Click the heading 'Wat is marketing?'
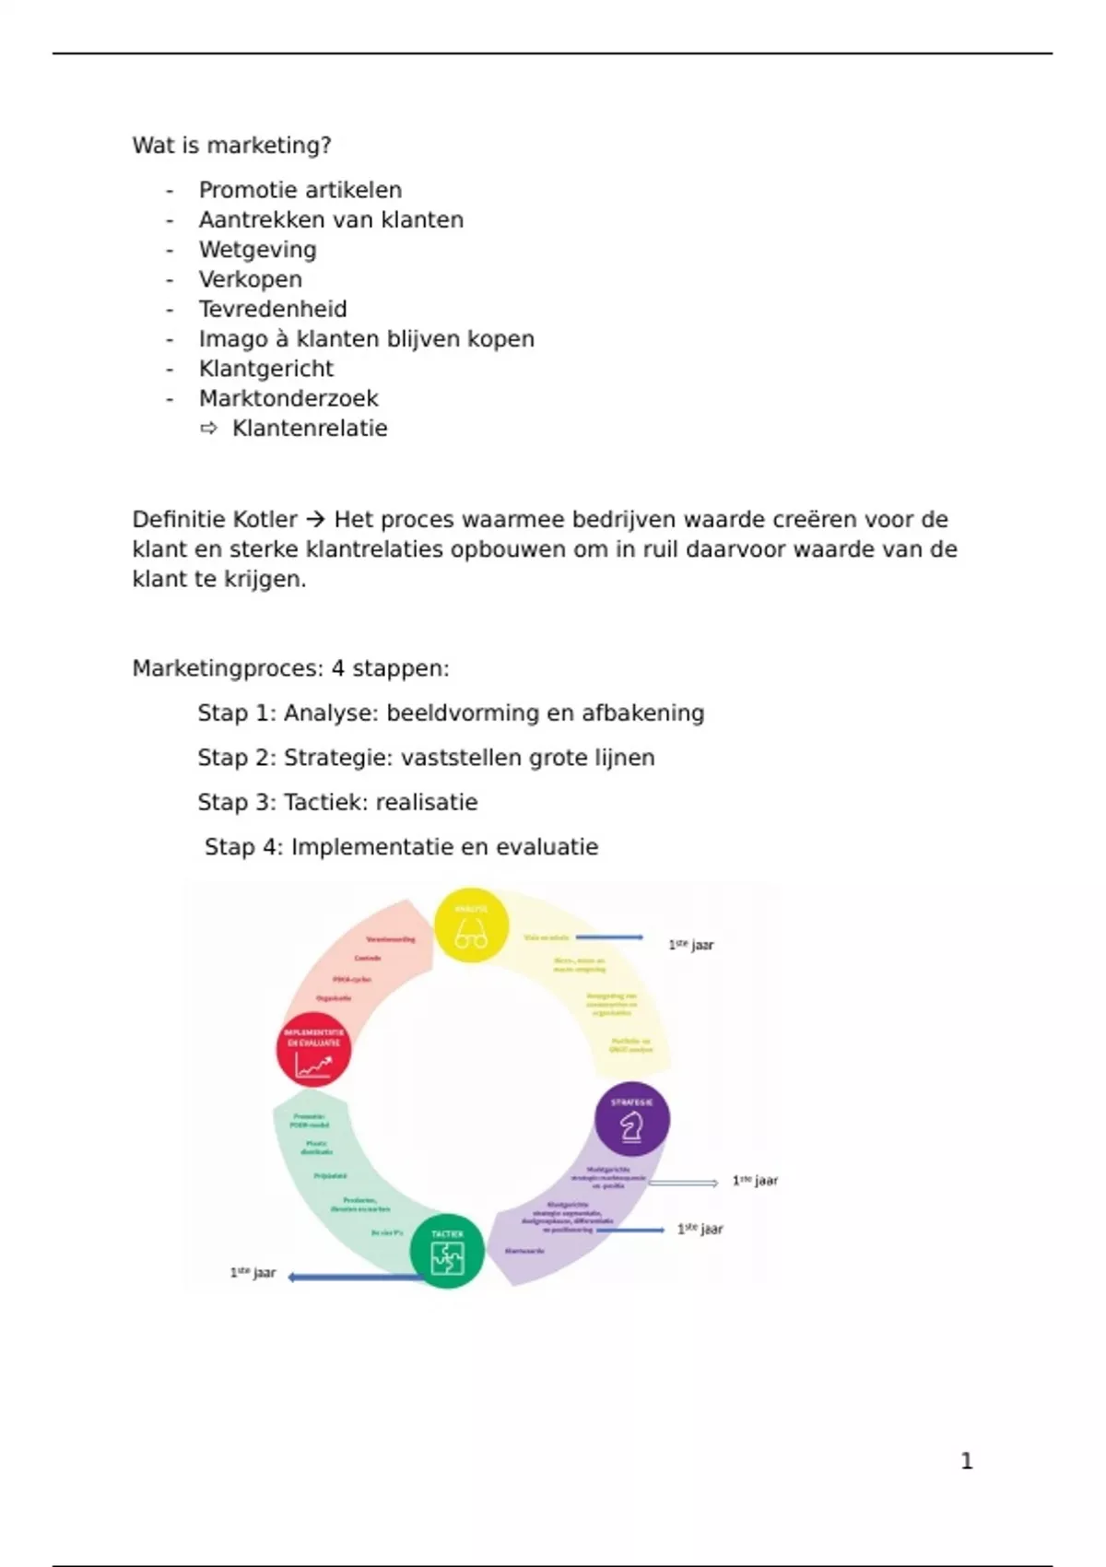click(x=231, y=146)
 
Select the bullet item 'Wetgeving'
click(x=257, y=250)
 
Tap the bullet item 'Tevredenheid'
click(x=273, y=309)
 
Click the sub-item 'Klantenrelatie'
click(x=310, y=429)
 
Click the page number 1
click(x=966, y=1461)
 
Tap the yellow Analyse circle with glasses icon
click(x=471, y=925)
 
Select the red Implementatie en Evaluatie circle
click(x=313, y=1050)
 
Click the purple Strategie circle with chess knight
click(x=632, y=1120)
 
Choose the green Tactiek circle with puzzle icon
click(x=447, y=1252)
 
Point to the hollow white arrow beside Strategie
click(x=684, y=1183)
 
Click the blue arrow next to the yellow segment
click(x=609, y=937)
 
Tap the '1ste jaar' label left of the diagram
click(x=253, y=1273)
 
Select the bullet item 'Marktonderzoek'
click(x=288, y=398)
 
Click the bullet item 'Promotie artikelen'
click(x=300, y=190)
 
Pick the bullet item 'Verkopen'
click(x=251, y=279)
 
